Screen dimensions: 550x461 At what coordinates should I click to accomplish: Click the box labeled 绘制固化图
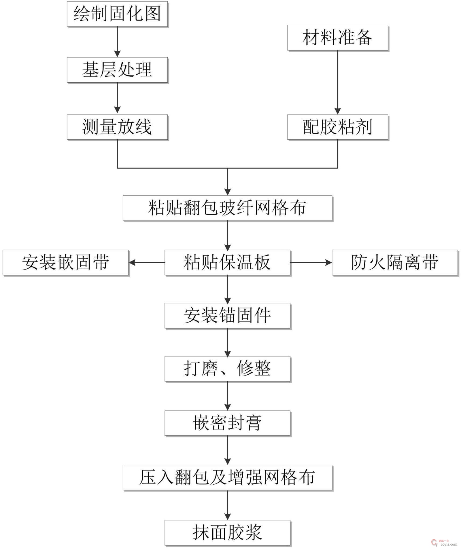click(117, 14)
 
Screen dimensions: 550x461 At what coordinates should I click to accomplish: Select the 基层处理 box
click(117, 70)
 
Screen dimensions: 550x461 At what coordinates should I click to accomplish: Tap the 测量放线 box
click(117, 127)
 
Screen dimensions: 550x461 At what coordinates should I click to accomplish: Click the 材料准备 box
click(337, 38)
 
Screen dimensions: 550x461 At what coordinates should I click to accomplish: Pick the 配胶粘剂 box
click(337, 127)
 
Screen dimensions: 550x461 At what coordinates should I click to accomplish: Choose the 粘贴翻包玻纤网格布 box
click(227, 208)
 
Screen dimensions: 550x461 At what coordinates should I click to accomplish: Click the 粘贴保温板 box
click(227, 262)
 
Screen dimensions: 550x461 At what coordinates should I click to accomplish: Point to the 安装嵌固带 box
click(66, 262)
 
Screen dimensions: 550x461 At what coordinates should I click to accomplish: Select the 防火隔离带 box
click(394, 262)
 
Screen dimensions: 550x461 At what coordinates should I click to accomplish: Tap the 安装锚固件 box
click(227, 315)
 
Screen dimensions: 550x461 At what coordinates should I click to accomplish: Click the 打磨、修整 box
click(227, 369)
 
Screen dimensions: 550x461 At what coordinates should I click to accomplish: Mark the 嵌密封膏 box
click(227, 423)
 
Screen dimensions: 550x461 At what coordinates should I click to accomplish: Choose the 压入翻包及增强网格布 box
click(227, 477)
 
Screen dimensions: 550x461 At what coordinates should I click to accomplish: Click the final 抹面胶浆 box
click(227, 532)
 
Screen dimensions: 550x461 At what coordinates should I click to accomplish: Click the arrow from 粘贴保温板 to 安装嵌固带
click(147, 262)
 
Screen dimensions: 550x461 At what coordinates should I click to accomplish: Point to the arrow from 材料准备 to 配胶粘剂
click(337, 82)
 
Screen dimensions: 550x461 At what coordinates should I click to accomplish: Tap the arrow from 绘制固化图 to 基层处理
click(117, 42)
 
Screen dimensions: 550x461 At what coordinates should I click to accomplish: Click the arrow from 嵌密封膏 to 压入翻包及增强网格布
click(227, 450)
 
